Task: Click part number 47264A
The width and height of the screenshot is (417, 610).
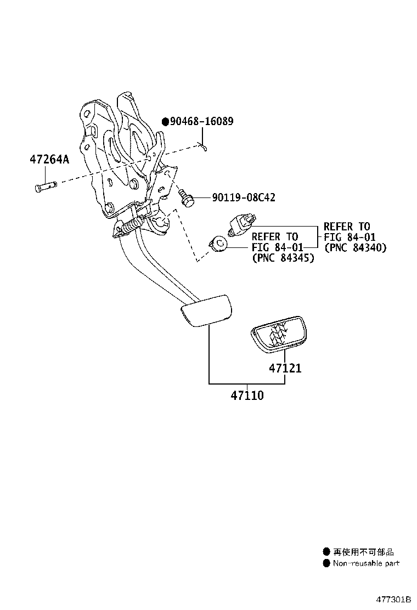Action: tap(49, 160)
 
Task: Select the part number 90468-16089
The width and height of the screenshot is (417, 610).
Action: tap(201, 121)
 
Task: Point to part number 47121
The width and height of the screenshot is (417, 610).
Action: tap(285, 368)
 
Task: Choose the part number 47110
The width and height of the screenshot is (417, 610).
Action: tap(247, 395)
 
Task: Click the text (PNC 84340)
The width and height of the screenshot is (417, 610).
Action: tap(355, 248)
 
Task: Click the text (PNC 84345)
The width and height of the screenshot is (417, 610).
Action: tap(283, 258)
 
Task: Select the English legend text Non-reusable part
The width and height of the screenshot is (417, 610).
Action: tap(366, 563)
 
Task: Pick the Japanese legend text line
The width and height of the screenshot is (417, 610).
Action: tap(363, 552)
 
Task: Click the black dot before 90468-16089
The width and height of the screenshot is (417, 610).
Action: tap(165, 122)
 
